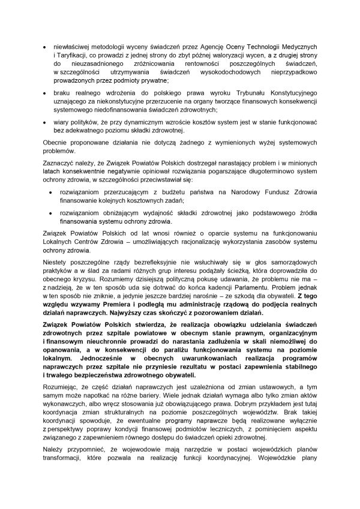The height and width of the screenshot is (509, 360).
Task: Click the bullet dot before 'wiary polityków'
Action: click(38, 122)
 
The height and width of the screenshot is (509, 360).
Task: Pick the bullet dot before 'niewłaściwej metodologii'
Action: click(38, 47)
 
